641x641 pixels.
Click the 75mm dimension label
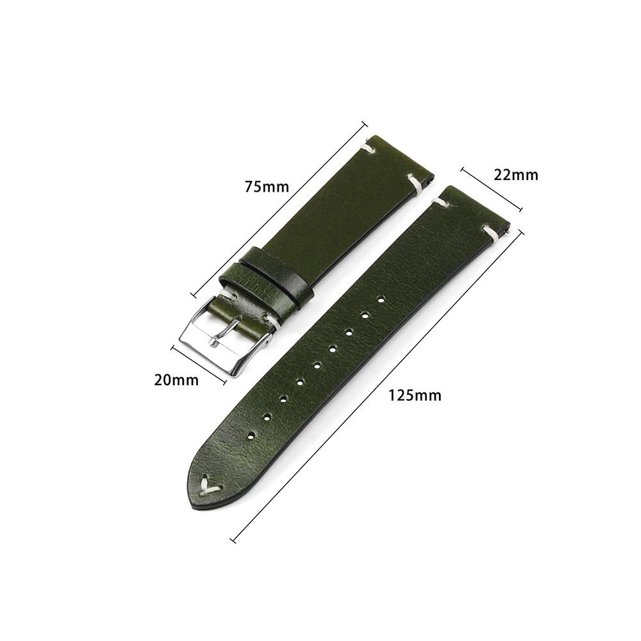[267, 187]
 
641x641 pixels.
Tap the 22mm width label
[515, 174]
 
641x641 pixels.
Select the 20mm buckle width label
[176, 380]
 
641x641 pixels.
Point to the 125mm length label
[415, 395]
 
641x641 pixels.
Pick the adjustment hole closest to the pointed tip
[250, 435]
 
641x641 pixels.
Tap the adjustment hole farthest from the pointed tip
[381, 299]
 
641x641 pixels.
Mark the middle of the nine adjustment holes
[317, 365]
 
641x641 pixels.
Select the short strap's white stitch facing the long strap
[415, 184]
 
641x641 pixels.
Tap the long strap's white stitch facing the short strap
[440, 203]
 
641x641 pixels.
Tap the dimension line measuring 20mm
[199, 365]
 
